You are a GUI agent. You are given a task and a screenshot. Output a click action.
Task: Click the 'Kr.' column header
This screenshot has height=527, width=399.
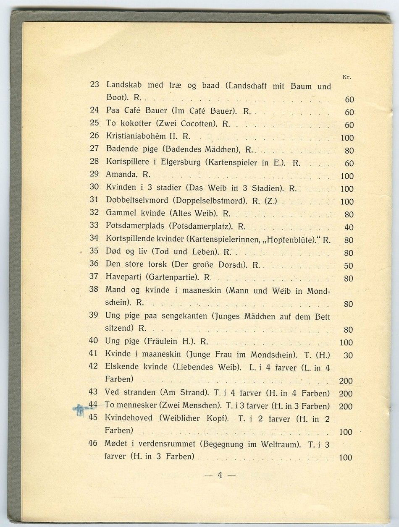[346, 77]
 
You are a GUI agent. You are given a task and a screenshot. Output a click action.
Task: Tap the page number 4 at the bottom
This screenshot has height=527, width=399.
[220, 475]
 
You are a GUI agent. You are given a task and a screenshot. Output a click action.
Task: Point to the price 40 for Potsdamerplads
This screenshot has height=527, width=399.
[349, 227]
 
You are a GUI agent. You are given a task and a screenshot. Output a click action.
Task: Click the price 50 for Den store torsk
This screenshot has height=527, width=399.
[348, 266]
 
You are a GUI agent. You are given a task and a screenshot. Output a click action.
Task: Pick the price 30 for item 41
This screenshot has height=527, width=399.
[348, 355]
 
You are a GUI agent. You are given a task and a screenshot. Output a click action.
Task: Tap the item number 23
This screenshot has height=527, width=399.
[94, 84]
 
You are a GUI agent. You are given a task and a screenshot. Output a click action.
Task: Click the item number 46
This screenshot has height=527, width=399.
[93, 443]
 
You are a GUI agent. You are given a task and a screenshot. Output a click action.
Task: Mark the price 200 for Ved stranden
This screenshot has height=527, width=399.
[345, 394]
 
